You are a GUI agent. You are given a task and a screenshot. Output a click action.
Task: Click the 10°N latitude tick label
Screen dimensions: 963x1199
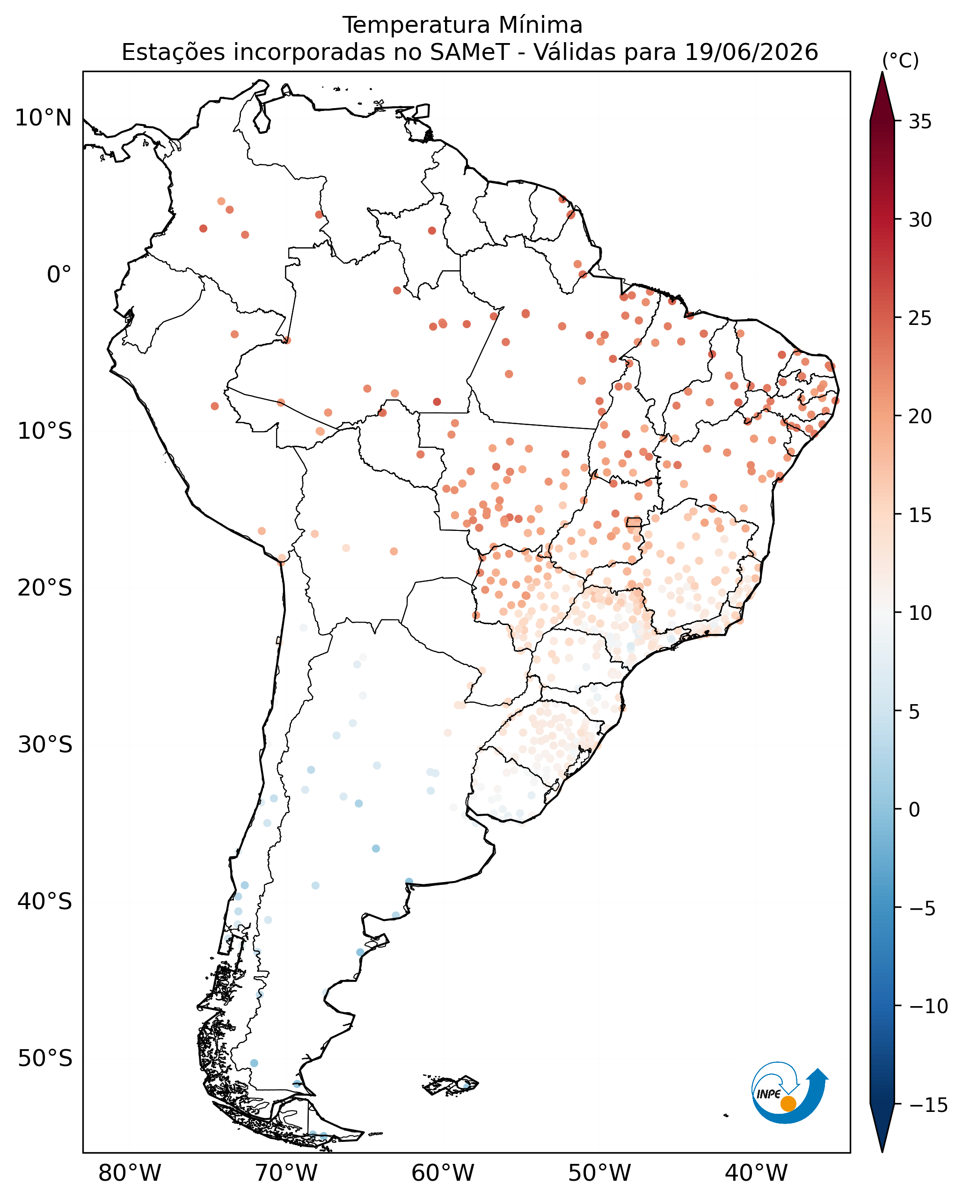[x=44, y=118]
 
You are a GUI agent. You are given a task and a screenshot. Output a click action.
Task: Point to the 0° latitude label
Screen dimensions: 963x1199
[x=59, y=275]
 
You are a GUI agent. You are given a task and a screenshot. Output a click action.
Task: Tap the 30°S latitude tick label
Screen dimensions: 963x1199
[x=45, y=745]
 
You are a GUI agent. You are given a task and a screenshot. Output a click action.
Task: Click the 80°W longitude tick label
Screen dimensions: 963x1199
[x=130, y=1173]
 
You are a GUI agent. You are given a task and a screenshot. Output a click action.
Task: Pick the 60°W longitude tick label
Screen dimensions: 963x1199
[x=443, y=1173]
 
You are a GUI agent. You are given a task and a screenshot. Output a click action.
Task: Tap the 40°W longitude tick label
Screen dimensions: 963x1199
[x=756, y=1173]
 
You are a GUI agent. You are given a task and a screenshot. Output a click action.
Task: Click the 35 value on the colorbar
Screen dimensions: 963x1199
[x=920, y=122]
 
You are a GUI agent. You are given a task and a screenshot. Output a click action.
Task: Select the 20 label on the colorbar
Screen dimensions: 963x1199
[x=920, y=417]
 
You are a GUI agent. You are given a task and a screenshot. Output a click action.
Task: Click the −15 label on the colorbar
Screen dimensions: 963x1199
[x=928, y=1104]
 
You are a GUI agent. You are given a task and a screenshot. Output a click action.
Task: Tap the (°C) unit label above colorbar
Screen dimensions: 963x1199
[x=900, y=60]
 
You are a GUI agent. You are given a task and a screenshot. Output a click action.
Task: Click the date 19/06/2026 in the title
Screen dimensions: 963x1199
[x=751, y=52]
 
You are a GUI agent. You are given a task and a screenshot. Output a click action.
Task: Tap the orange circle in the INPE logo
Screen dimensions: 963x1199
[x=788, y=1103]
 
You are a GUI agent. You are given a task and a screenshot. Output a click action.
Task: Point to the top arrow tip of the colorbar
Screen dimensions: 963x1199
[x=882, y=72]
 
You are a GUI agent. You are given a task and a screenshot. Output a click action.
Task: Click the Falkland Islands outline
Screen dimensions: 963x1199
[x=450, y=1085]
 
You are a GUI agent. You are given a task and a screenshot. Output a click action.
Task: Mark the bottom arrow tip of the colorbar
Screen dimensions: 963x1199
[x=882, y=1152]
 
